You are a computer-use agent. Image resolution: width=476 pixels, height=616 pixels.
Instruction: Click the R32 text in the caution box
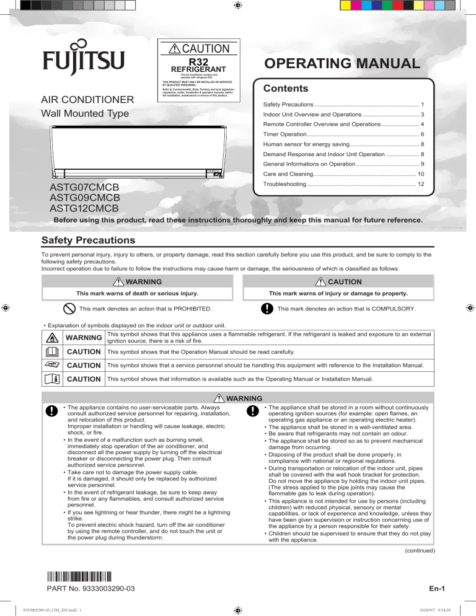198,62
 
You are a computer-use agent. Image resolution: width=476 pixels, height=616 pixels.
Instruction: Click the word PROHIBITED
184,309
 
